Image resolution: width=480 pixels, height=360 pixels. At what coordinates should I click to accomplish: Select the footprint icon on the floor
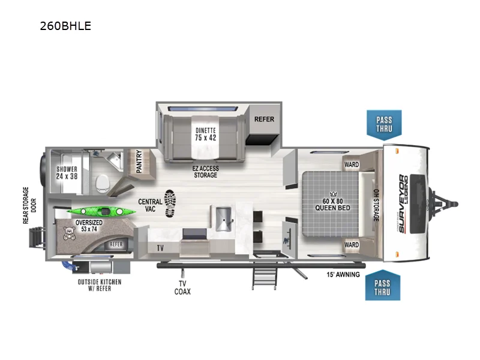(x=170, y=203)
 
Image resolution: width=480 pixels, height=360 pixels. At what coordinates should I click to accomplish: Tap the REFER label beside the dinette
(x=264, y=119)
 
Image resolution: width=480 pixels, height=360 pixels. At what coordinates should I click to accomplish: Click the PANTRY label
(x=139, y=161)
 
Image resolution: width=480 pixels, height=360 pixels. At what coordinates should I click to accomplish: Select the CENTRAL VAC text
(x=150, y=206)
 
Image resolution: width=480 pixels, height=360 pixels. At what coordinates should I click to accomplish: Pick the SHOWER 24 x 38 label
(x=67, y=173)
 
